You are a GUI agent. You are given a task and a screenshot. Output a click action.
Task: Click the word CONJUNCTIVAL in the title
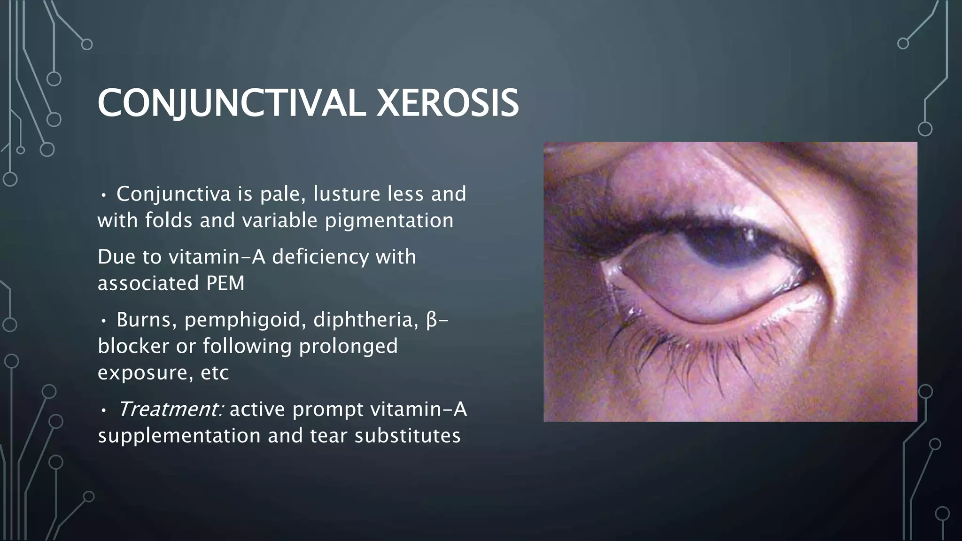pyautogui.click(x=231, y=103)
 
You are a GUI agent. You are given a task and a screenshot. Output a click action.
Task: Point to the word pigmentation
pyautogui.click(x=389, y=220)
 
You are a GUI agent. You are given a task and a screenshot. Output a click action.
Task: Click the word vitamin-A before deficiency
pyautogui.click(x=217, y=257)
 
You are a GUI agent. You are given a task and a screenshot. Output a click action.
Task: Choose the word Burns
pyautogui.click(x=146, y=320)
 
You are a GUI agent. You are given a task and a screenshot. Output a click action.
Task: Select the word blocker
pyautogui.click(x=133, y=346)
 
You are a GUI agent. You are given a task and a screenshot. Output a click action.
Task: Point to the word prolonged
pyautogui.click(x=348, y=346)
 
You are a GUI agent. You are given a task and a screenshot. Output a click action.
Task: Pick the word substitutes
pyautogui.click(x=407, y=436)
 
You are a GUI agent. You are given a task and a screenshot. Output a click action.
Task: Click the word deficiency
pyautogui.click(x=320, y=257)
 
